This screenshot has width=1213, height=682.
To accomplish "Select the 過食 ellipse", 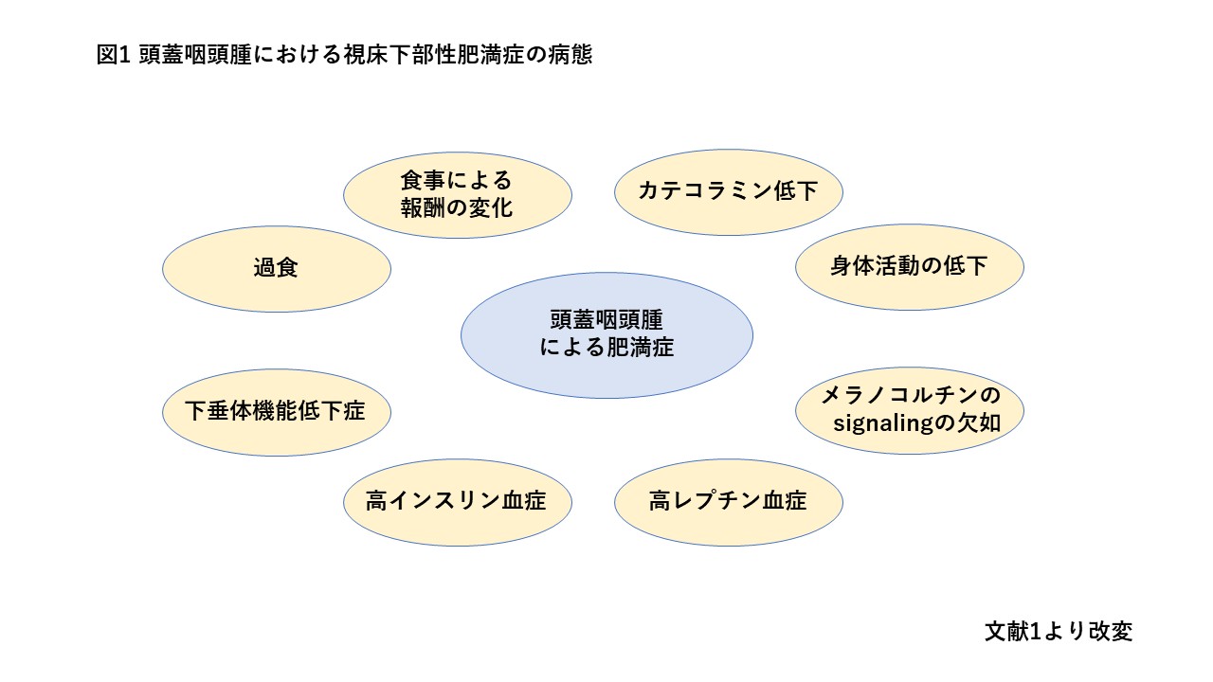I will coord(277,268).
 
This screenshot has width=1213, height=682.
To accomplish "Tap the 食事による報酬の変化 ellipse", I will coord(457,193).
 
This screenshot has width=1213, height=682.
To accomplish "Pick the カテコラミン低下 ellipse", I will coord(728,191).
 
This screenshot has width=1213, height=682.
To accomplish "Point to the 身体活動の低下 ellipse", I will coord(909,266).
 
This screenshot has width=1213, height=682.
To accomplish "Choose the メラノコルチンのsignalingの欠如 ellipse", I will coord(909,409).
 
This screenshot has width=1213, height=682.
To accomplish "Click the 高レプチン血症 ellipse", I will coord(728,501).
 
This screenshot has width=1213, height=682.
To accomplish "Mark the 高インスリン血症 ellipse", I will coord(457,501).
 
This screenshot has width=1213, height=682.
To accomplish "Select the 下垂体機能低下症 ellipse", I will coord(276,412).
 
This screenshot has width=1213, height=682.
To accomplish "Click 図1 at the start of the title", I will coord(112,55).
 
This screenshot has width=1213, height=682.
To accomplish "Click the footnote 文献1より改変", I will coord(1059,631).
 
